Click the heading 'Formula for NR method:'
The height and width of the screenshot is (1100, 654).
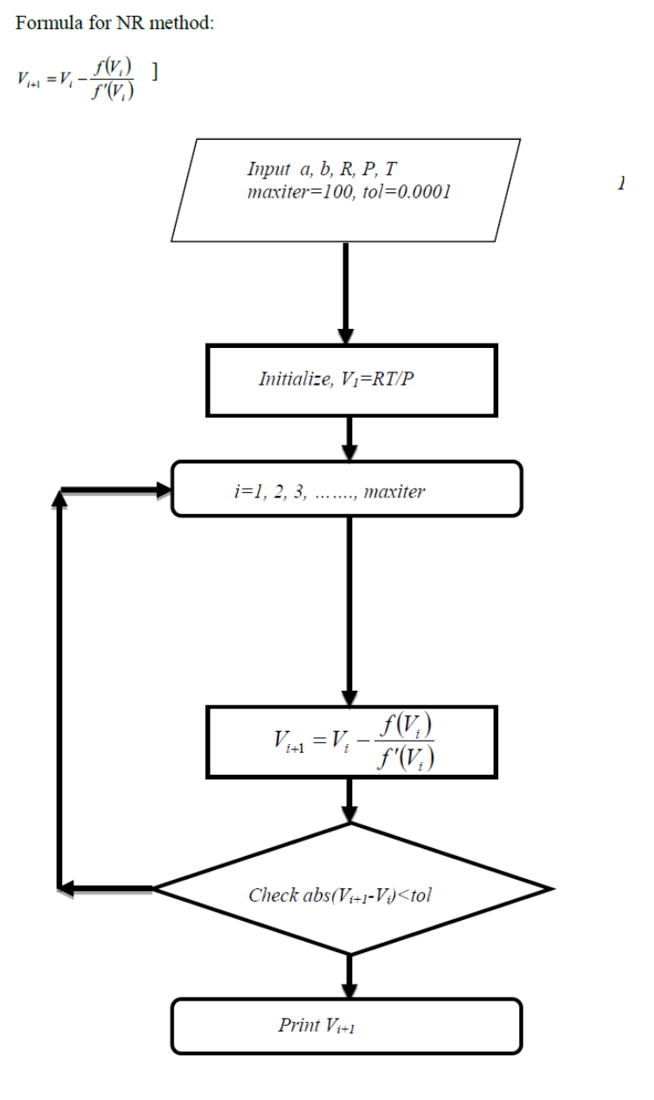click(x=114, y=24)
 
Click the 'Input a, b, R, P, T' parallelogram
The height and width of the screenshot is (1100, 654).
click(x=346, y=190)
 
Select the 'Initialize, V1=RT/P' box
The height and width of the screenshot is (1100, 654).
click(x=351, y=379)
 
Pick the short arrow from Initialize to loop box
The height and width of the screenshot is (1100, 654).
click(x=350, y=438)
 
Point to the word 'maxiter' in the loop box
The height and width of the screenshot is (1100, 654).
click(x=393, y=491)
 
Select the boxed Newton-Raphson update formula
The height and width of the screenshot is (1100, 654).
click(x=351, y=741)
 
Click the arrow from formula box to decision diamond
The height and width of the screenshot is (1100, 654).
click(x=350, y=799)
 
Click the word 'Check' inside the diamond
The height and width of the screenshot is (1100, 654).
click(x=272, y=895)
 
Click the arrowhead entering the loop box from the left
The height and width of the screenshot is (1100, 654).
click(x=161, y=491)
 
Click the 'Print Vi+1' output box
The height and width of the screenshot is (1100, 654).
click(x=346, y=1026)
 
